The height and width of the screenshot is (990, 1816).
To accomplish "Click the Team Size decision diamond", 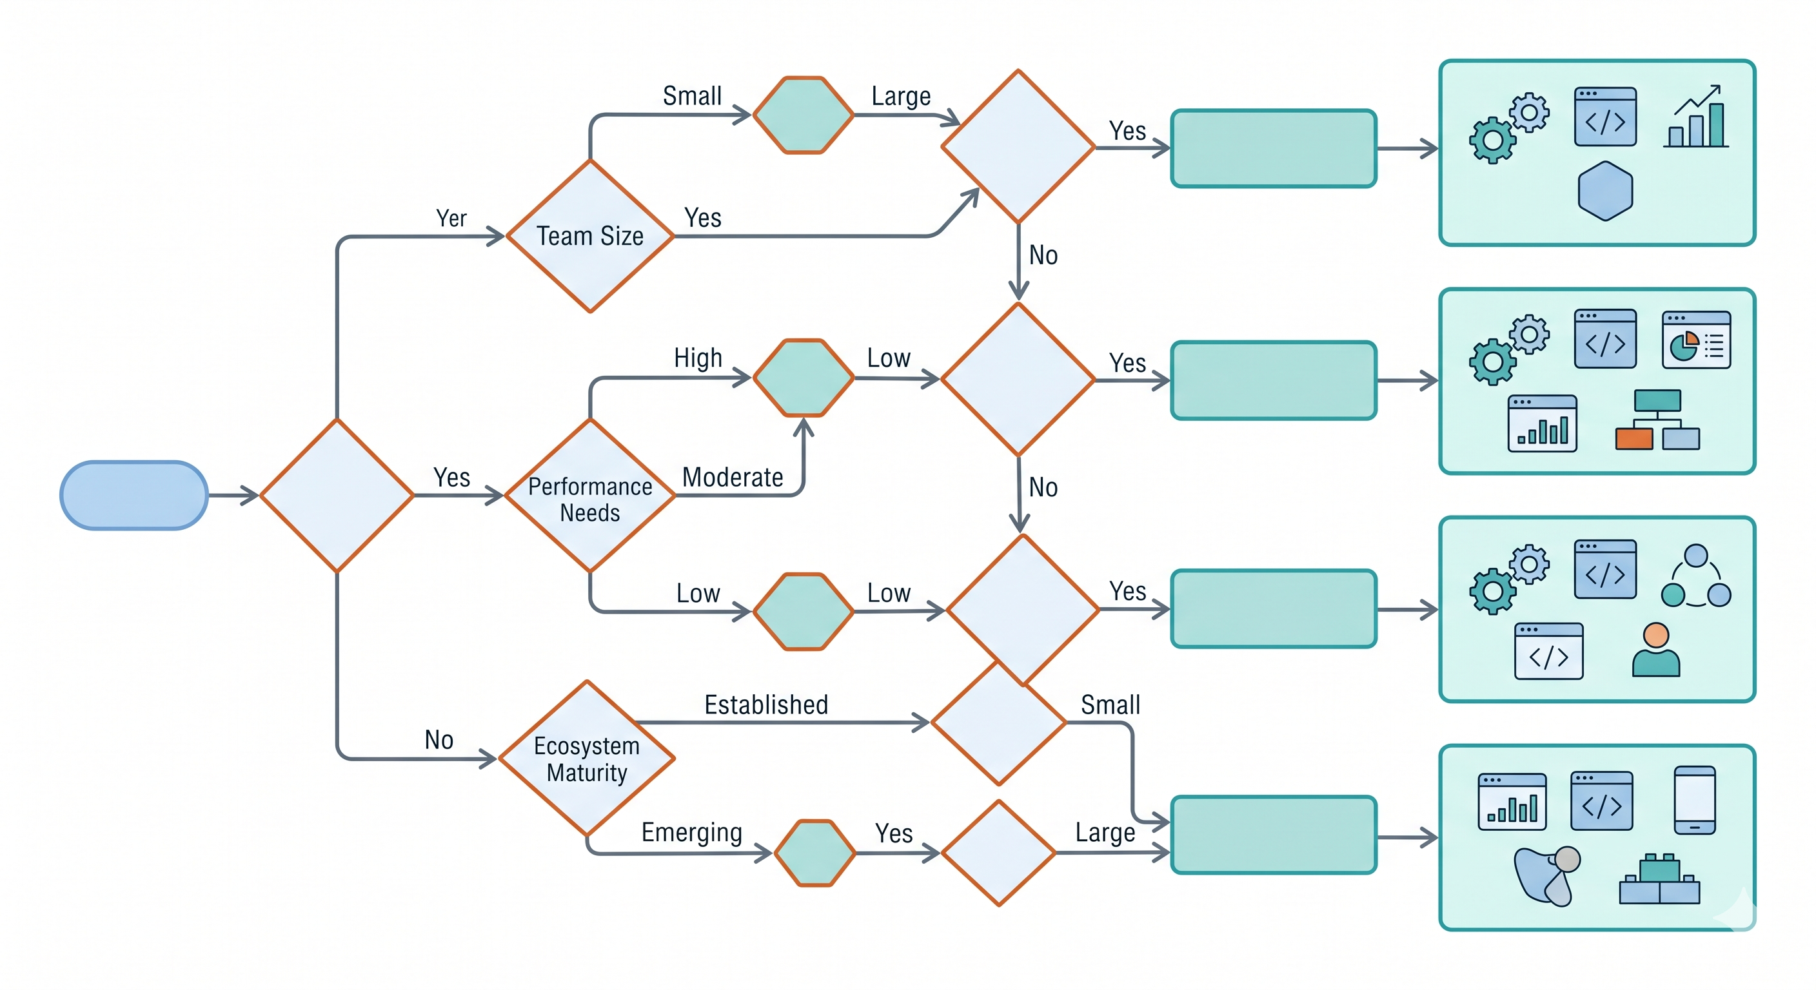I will coord(590,236).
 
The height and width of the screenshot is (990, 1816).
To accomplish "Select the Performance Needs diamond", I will coord(590,497).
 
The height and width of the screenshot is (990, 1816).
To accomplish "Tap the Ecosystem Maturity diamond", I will coord(587,758).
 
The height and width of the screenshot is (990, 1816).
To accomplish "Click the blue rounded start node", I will coord(134,496).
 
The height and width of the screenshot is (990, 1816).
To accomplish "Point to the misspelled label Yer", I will coord(451,218).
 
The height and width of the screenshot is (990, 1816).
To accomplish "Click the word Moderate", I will coord(733,478).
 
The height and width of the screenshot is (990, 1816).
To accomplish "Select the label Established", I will coord(766,704).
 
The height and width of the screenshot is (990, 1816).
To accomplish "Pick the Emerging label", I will coord(691,833).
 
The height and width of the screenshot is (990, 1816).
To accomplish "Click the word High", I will coord(698,358).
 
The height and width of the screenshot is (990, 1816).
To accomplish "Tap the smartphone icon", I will coord(1695,800).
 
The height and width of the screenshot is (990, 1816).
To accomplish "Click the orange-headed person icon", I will coord(1656,650).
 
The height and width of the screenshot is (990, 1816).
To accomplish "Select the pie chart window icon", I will coord(1696,340).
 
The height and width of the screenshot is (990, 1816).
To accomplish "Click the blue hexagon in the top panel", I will coord(1605,191).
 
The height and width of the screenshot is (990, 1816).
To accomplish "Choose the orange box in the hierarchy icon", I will coord(1634,438).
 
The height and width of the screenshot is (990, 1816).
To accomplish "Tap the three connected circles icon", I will coord(1696,576).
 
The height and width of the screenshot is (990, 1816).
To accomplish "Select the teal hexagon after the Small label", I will coord(804,115).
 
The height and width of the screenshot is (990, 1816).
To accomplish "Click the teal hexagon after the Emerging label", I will coord(815,853).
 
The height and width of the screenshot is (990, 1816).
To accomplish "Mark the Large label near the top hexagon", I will coord(901,97).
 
